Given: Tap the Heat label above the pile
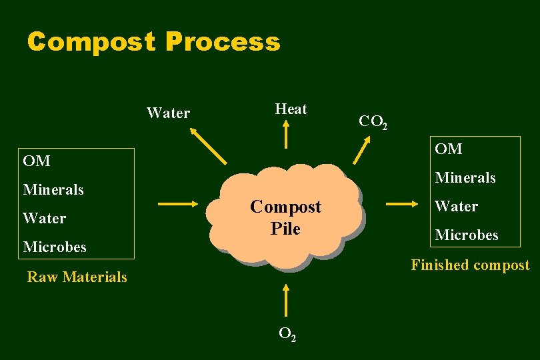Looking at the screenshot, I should point(291,109).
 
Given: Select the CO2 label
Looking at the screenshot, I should point(373,122).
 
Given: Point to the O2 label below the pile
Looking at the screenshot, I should point(287,335).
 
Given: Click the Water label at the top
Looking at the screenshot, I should point(168,113).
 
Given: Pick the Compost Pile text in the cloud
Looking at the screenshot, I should point(285,218).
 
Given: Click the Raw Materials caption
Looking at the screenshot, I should point(77,277).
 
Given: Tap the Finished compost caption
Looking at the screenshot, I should point(470,265).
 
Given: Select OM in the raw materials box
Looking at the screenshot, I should point(37,161).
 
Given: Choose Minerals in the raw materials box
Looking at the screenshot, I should point(53,190).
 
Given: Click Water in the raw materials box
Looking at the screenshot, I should point(45,219).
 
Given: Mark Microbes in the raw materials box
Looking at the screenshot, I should point(55,247).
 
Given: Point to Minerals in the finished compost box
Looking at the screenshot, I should point(465,178).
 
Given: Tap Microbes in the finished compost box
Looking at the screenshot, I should point(467,235).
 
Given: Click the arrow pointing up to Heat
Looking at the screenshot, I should point(286,135).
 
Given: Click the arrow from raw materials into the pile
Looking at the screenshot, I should point(179,204).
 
